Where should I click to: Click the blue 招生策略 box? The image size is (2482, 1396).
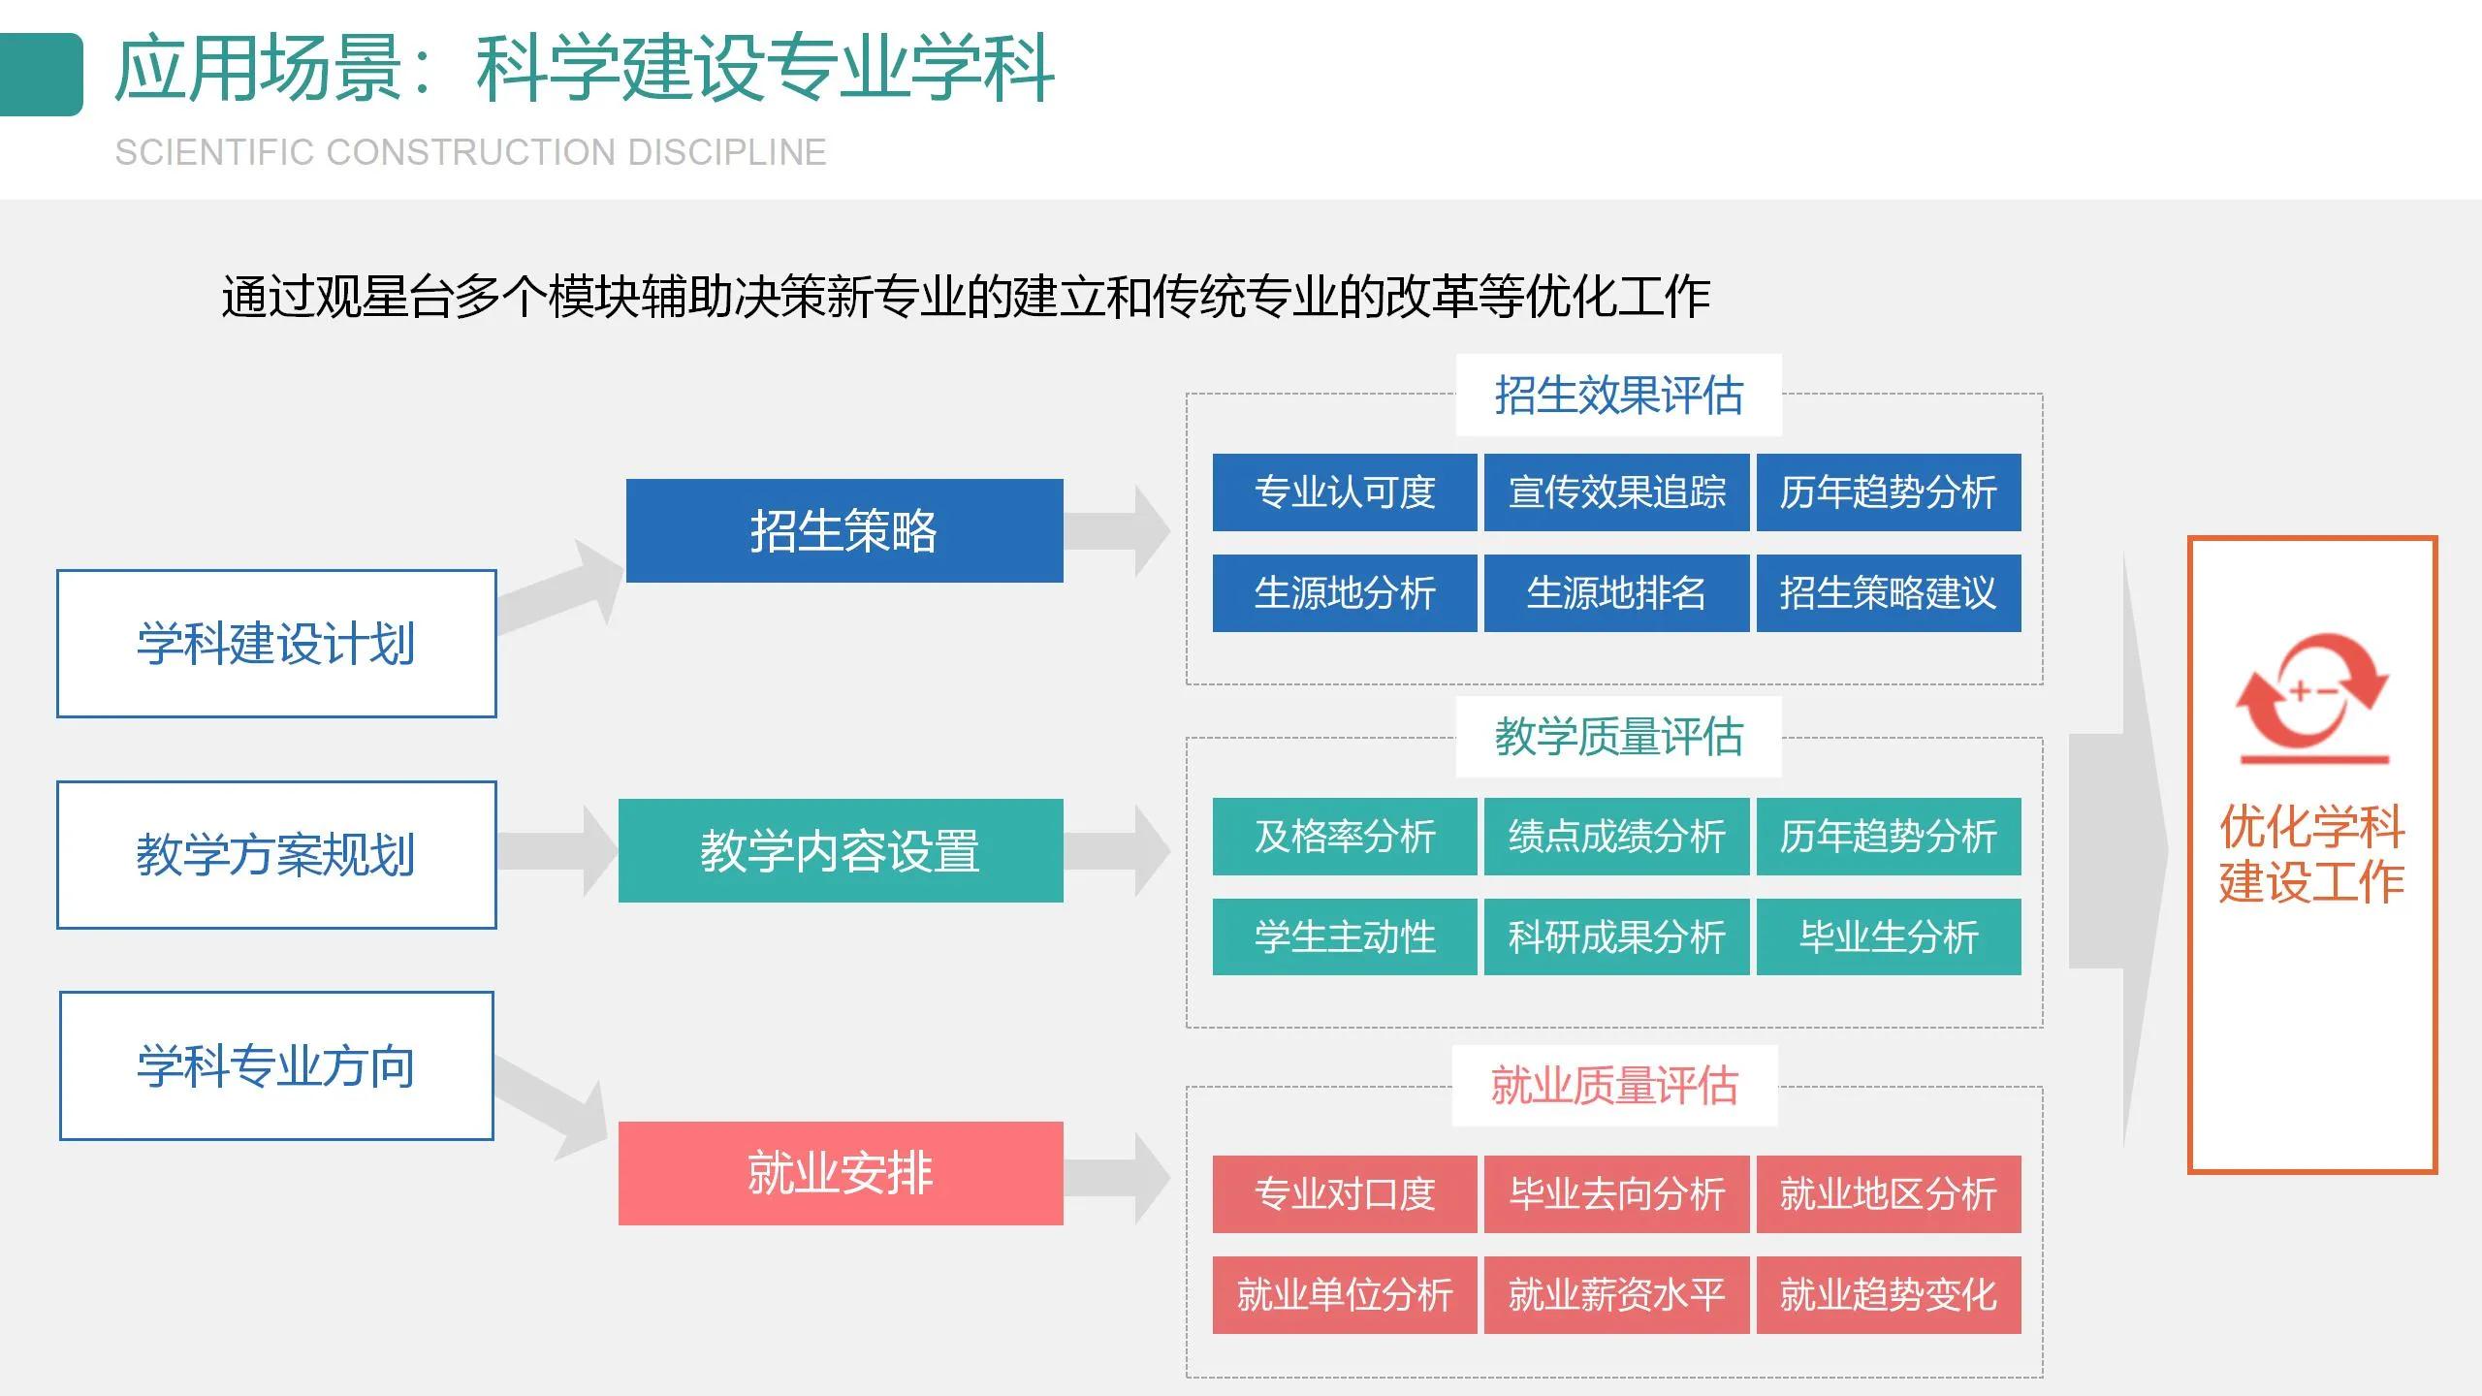[843, 530]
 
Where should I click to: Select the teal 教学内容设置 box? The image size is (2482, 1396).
[840, 850]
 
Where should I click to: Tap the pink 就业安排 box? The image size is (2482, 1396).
[840, 1173]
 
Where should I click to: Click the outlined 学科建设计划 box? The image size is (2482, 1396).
[276, 644]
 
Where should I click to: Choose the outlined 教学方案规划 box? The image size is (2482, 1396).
[276, 855]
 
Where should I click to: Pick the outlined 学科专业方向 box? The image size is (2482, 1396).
[276, 1065]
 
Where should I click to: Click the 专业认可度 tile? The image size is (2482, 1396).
[1344, 492]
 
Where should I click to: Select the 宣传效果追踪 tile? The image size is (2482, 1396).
[1616, 492]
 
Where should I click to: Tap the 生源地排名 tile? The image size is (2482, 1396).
[1616, 593]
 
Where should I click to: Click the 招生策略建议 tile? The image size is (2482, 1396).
[1888, 593]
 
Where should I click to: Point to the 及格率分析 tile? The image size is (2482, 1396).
[1344, 837]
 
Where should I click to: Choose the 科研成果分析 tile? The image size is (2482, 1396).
[1616, 936]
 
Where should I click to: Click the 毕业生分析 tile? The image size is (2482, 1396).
[1888, 936]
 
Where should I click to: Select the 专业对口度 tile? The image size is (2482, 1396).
[1344, 1194]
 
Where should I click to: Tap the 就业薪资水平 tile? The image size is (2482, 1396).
[1616, 1295]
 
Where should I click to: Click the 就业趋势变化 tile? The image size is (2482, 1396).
[1888, 1295]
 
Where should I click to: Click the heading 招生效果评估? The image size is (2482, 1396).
[1618, 396]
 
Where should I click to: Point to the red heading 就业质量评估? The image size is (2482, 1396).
[1614, 1086]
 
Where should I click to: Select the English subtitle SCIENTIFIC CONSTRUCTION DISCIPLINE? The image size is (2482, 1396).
[470, 153]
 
